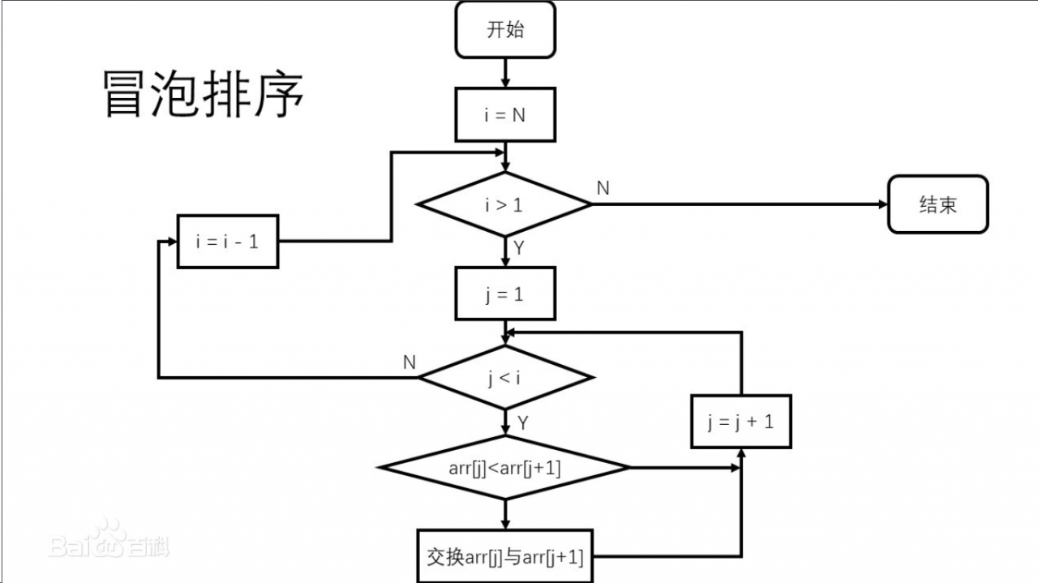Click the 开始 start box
point(505,30)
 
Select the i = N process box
point(505,115)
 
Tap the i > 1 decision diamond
point(505,204)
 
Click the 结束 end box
point(937,204)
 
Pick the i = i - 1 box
point(228,242)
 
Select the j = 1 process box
point(505,294)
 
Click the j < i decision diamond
point(505,378)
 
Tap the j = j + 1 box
point(740,422)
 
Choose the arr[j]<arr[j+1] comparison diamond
point(505,468)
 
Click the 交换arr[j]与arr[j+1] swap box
point(505,556)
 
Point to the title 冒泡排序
point(204,94)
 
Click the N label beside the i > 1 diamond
point(603,188)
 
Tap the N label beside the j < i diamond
point(410,362)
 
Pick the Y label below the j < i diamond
point(523,422)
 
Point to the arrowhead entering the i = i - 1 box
point(171,242)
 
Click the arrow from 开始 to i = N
point(505,73)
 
